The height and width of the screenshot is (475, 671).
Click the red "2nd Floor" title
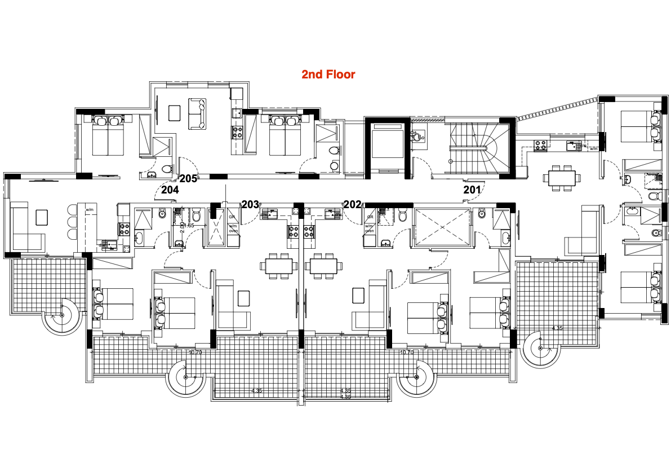pyautogui.click(x=328, y=74)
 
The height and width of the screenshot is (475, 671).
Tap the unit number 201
pyautogui.click(x=472, y=190)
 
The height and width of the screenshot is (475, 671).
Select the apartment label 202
pyautogui.click(x=352, y=204)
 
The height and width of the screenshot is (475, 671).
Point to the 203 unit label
pyautogui.click(x=250, y=204)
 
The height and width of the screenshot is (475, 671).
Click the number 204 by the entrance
pyautogui.click(x=170, y=190)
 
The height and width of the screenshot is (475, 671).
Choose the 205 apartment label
pyautogui.click(x=188, y=179)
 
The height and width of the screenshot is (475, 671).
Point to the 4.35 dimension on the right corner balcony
pyautogui.click(x=557, y=328)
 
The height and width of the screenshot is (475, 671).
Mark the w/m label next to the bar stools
pyautogui.click(x=89, y=210)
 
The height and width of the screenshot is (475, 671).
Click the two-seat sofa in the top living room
pyautogui.click(x=197, y=114)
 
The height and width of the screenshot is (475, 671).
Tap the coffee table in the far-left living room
pyautogui.click(x=41, y=217)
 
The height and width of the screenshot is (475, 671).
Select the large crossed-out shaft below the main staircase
pyautogui.click(x=442, y=227)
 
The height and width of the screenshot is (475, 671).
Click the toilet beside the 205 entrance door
pyautogui.click(x=166, y=168)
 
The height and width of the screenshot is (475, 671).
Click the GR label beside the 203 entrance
pyautogui.click(x=230, y=217)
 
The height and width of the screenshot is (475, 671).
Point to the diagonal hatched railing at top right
pyautogui.click(x=558, y=108)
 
